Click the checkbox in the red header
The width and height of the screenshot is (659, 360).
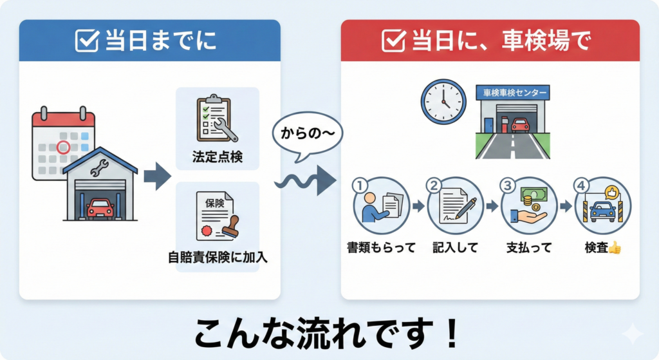(393, 41)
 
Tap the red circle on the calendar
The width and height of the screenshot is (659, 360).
(63, 147)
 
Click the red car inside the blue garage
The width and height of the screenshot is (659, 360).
(100, 207)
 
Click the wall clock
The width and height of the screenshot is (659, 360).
(443, 102)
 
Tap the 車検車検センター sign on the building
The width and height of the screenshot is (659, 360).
(516, 93)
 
